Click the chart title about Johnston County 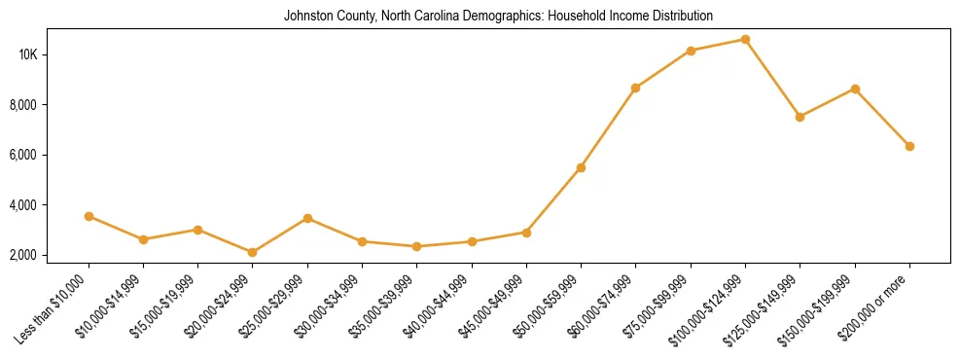point(498,16)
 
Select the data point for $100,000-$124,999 point(745,40)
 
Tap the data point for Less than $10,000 point(89,216)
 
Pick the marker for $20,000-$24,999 point(253,252)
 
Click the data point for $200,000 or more point(909,146)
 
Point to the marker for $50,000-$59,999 point(581,167)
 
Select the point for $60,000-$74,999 point(635,88)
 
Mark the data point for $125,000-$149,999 point(800,117)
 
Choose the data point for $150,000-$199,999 point(855,89)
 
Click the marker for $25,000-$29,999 point(307,218)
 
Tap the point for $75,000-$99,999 point(691,51)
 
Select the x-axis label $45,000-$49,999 point(489,309)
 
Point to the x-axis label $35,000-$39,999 point(380,309)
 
